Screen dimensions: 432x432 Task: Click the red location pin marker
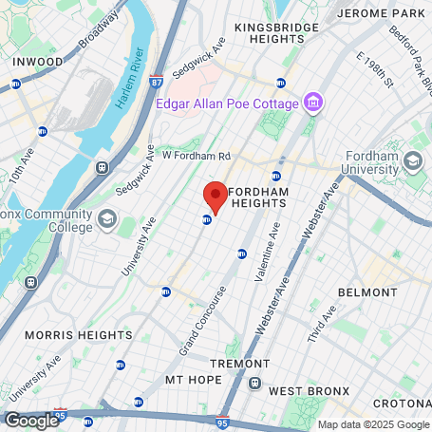click(x=215, y=197)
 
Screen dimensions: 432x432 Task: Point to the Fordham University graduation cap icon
click(x=412, y=161)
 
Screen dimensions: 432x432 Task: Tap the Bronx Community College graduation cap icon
click(x=107, y=221)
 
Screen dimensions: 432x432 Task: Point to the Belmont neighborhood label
click(x=366, y=292)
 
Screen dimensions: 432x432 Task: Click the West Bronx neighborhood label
click(x=308, y=390)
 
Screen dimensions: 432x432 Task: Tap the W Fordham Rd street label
click(x=197, y=156)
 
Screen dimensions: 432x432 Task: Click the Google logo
click(x=31, y=420)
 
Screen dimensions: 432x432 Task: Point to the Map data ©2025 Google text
click(x=373, y=424)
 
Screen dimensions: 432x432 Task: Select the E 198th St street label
click(x=377, y=71)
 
